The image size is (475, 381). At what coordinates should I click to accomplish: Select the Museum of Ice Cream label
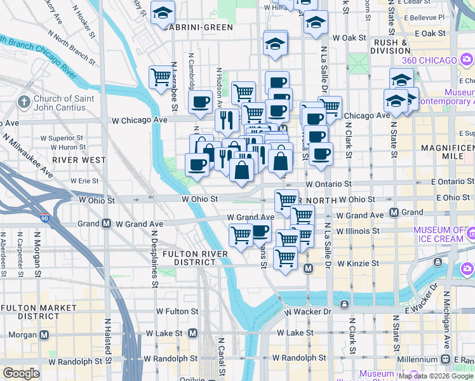pos(438,234)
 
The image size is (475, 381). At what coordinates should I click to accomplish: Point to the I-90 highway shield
pos(44,218)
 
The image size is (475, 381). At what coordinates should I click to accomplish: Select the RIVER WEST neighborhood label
pos(79,160)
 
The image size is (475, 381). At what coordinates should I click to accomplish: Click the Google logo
pos(21,373)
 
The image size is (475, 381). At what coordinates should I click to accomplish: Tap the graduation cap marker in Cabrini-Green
pos(163,12)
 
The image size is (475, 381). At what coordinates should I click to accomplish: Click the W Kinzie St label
pos(358,263)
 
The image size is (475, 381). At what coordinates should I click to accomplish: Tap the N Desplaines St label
pos(154,258)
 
